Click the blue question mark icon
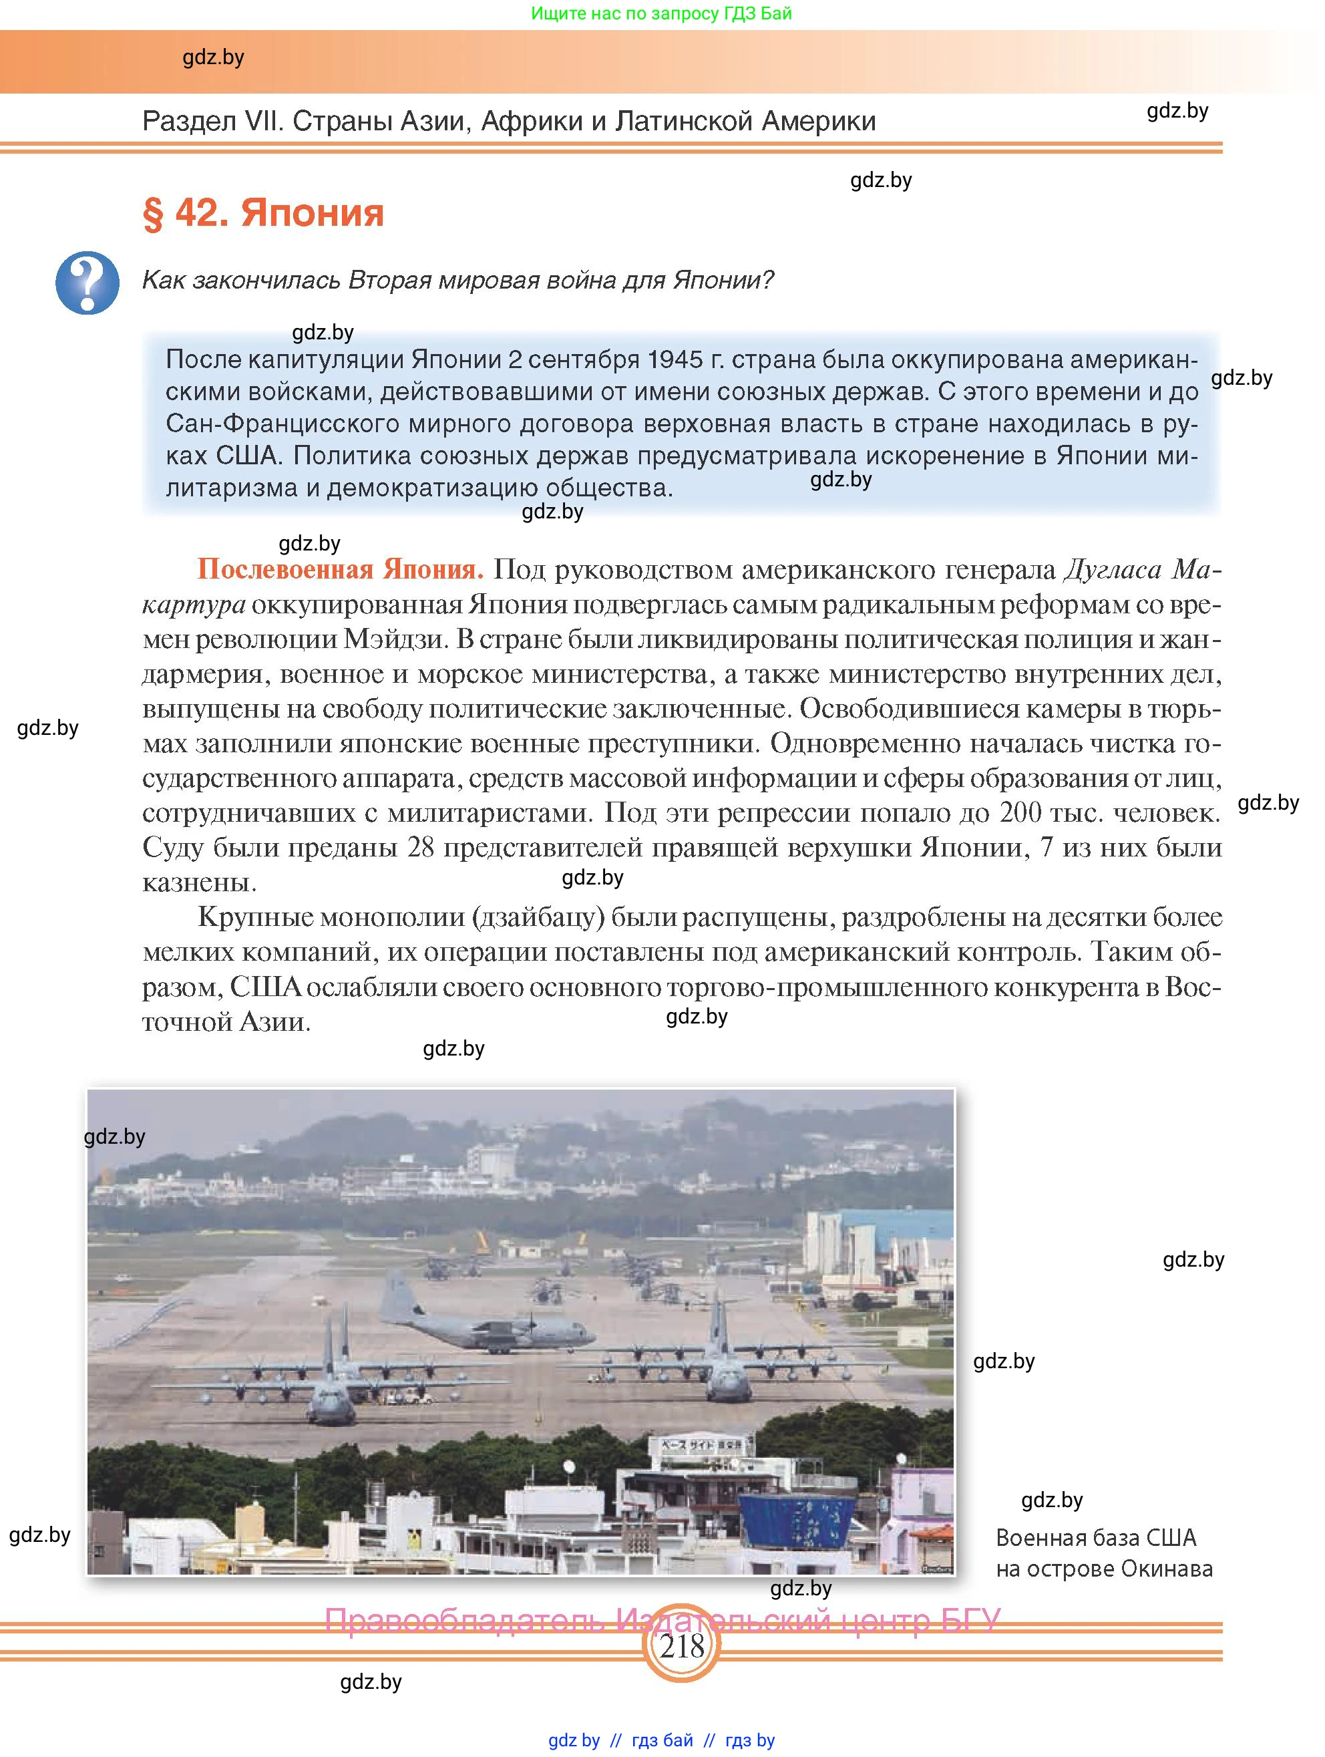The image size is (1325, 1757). click(x=87, y=283)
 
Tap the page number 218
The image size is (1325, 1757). click(x=681, y=1646)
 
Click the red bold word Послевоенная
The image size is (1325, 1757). click(x=285, y=569)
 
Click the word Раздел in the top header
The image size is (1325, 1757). click(x=188, y=122)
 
